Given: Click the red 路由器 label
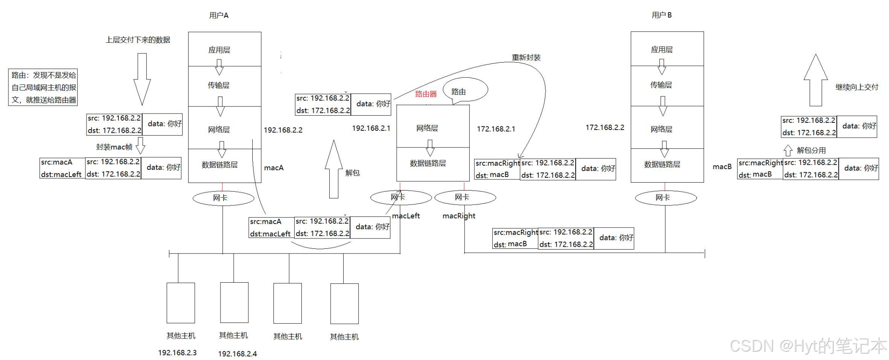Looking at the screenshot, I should tap(426, 94).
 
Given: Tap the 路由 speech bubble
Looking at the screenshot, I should tap(465, 90).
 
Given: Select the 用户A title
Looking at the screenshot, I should tap(219, 16).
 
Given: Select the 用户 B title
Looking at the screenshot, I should tap(661, 15).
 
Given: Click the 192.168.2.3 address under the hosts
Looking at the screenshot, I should tap(177, 353).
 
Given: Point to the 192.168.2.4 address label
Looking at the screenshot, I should tap(237, 354).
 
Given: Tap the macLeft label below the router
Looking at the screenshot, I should tap(406, 216).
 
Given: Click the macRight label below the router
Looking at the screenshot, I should tap(459, 216).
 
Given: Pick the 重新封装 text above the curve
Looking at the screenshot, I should tap(526, 57).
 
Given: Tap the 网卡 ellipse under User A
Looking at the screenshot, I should tap(223, 198).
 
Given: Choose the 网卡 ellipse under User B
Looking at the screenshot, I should tap(666, 198).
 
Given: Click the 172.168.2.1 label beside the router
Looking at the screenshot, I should tap(496, 129).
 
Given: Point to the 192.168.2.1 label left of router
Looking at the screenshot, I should tap(371, 128).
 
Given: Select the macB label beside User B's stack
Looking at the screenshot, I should tap(722, 167).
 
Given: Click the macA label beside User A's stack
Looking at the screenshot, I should tap(274, 168).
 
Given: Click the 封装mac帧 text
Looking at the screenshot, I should tap(114, 147).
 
